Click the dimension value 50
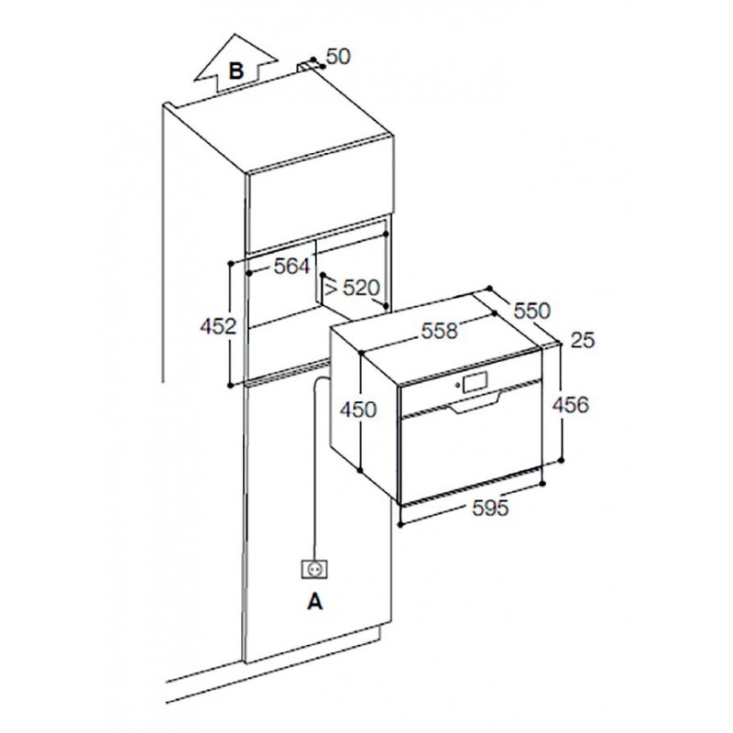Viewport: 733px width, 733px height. pos(338,57)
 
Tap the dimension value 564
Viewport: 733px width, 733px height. pos(292,267)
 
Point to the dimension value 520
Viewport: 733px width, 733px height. pos(361,288)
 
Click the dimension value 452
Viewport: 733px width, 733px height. pos(218,326)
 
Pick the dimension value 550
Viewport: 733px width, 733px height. pos(532,311)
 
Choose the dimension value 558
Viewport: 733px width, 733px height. pos(440,331)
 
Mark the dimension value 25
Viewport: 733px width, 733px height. pos(583,340)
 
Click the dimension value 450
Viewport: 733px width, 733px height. pos(358,410)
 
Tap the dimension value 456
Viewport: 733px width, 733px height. pos(570,405)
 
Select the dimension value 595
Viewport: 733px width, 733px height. pos(490,508)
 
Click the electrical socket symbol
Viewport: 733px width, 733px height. pos(314,569)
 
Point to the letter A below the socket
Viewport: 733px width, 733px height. pos(315,602)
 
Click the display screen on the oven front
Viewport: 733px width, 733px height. pos(475,381)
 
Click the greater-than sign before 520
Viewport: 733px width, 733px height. pos(331,289)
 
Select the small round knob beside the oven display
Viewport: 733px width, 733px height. pos(455,385)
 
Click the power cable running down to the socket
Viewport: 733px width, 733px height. pos(315,467)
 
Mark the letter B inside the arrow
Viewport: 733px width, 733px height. pos(236,71)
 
